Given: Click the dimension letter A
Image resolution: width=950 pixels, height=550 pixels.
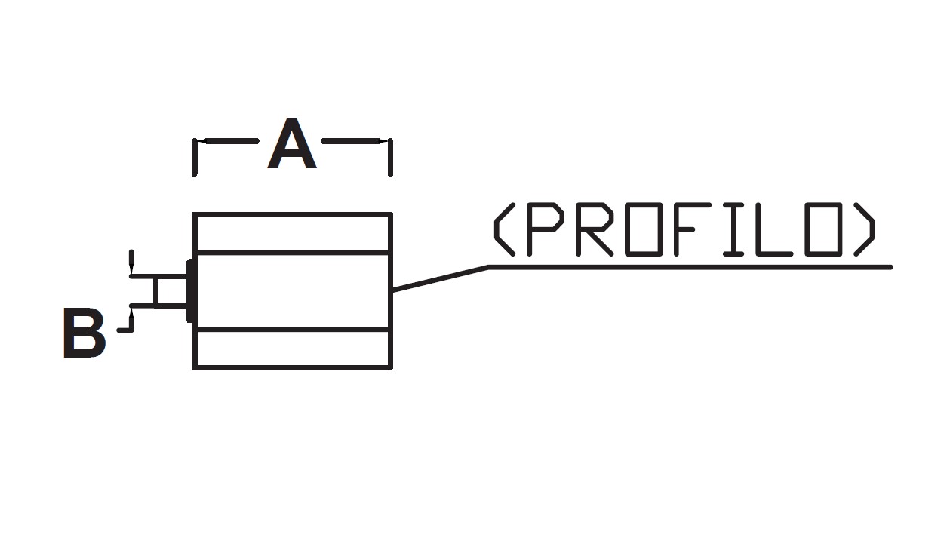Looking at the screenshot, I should click(x=292, y=145).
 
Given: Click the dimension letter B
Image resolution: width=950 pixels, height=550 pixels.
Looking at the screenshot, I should click(x=84, y=333).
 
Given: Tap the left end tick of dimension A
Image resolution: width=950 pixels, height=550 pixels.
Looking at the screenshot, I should click(x=195, y=157).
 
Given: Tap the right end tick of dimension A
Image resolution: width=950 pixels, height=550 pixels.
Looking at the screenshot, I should click(x=390, y=157).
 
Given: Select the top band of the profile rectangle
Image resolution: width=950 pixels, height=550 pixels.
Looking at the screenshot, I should click(x=293, y=233).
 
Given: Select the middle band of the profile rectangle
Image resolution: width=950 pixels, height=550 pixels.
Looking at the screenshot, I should click(x=293, y=290).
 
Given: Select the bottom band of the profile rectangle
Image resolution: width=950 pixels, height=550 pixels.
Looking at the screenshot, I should click(x=293, y=349).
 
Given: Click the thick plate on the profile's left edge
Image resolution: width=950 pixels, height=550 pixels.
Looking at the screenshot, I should click(x=190, y=291).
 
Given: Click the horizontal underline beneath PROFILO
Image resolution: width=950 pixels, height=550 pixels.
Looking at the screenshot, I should click(x=690, y=266).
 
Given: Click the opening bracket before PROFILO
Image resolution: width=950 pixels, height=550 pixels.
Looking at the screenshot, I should click(x=503, y=229).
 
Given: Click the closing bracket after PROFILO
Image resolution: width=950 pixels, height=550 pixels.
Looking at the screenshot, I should click(x=867, y=229).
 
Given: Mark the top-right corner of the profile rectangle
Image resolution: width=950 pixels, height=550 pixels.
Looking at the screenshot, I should click(x=390, y=215).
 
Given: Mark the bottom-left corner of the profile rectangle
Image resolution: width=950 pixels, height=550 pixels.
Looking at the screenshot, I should click(x=195, y=367).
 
